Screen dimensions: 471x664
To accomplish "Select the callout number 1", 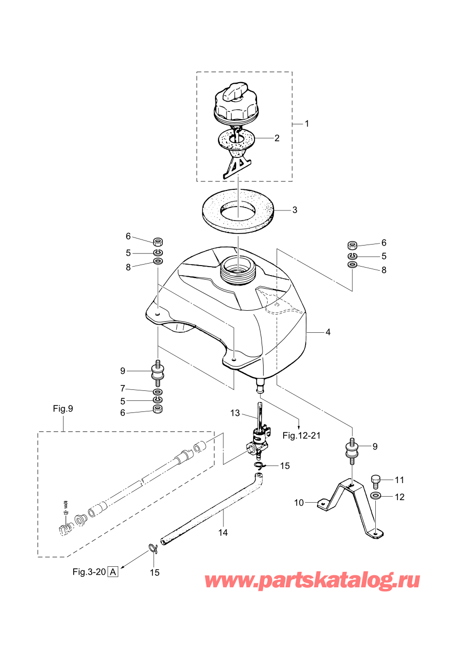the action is [x=307, y=123].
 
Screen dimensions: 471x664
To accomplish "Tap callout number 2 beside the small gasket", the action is [x=277, y=138].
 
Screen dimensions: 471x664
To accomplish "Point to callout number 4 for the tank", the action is [x=328, y=332].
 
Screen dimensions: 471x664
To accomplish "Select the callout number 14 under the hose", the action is [x=223, y=533].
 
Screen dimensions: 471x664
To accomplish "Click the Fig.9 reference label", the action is [x=63, y=408].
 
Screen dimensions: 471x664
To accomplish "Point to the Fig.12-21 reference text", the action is [x=302, y=435].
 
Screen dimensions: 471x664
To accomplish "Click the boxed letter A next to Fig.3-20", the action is [x=113, y=571].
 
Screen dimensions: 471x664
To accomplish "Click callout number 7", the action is [x=122, y=388].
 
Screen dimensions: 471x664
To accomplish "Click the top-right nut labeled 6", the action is [x=352, y=245].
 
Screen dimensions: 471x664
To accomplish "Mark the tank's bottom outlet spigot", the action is [x=260, y=386].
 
